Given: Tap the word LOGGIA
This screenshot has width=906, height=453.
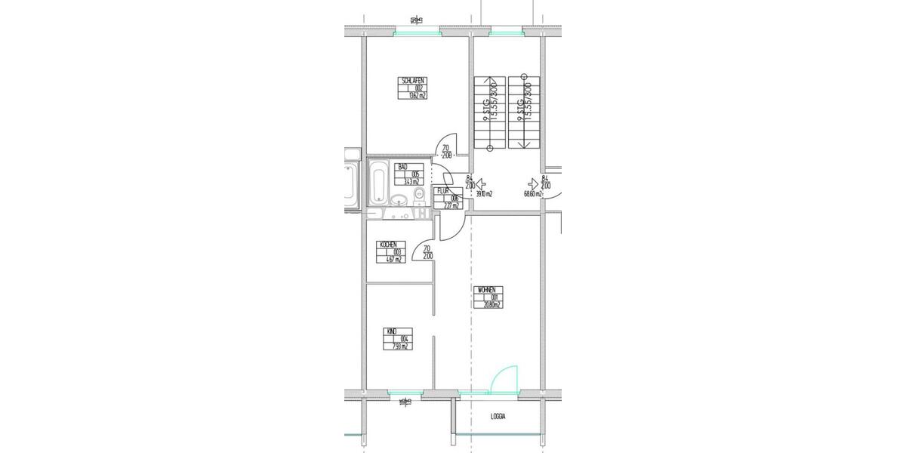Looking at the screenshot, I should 498,417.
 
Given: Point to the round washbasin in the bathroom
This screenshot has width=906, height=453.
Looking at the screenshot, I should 398,200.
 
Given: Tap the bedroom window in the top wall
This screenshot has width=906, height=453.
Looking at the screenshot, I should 417,32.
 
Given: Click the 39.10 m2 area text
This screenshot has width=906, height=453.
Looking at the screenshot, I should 483,194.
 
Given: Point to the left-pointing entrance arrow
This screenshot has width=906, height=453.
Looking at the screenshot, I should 482,182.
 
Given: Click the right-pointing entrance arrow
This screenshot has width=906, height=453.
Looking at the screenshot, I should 533,182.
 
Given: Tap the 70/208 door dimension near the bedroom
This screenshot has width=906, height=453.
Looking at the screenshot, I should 446,152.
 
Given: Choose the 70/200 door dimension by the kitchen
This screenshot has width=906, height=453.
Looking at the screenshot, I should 427,252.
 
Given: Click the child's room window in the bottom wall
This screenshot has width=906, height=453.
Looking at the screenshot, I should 405,394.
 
